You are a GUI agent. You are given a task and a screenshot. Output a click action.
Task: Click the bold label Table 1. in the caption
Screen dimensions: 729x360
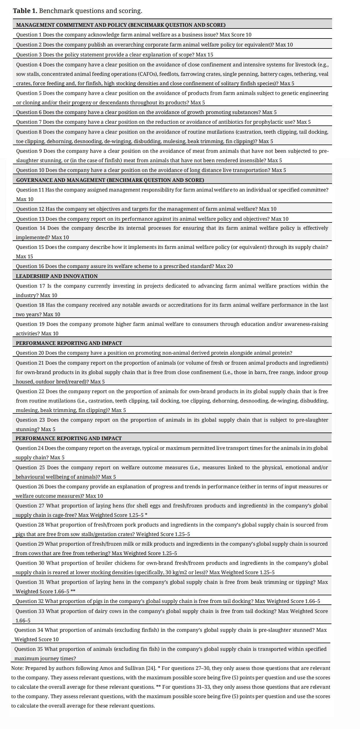pos(25,11)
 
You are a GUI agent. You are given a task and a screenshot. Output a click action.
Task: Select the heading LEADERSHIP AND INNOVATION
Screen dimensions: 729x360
pos(57,276)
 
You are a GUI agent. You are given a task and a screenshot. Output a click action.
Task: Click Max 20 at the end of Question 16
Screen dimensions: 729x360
pos(224,266)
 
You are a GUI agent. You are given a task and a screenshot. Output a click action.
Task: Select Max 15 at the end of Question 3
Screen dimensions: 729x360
pos(204,55)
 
